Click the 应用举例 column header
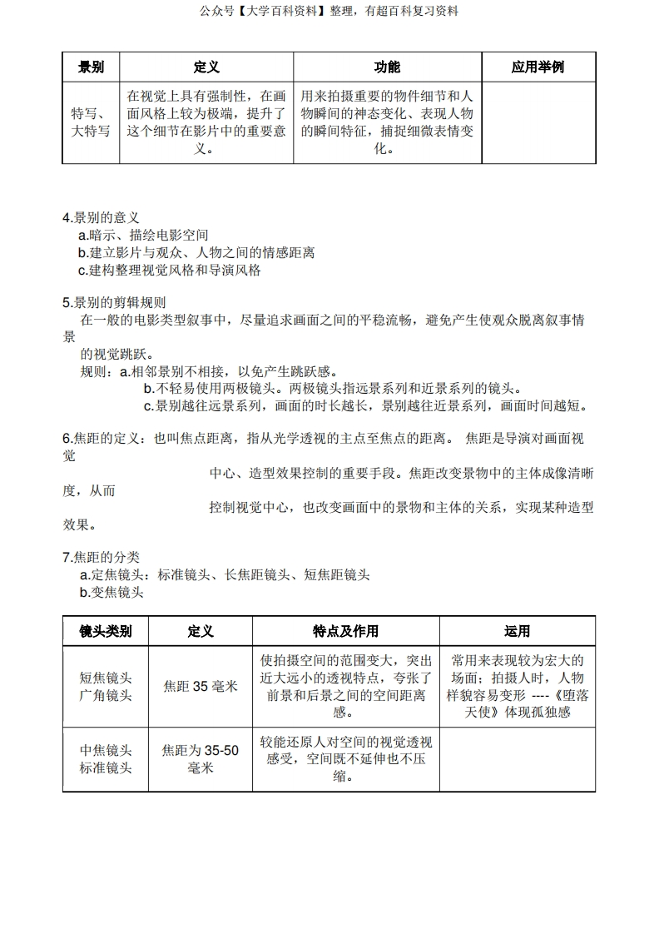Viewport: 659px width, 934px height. (538, 67)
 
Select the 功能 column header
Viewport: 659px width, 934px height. (387, 67)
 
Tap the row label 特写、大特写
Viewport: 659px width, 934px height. (91, 122)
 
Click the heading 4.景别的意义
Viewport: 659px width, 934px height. (101, 218)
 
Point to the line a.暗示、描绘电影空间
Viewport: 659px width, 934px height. (143, 236)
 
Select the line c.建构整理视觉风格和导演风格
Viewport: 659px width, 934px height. (170, 271)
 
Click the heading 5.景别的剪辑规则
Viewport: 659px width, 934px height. (114, 302)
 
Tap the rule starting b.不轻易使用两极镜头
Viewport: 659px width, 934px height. (333, 389)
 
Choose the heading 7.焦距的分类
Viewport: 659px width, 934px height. (101, 557)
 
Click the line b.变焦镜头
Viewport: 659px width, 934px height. (111, 593)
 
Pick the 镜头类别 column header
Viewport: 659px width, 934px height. (105, 631)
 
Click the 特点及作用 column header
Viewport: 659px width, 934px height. (345, 631)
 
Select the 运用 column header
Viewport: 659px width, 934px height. (517, 631)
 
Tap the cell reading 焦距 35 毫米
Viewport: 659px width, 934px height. (200, 687)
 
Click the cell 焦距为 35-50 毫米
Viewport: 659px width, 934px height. (200, 759)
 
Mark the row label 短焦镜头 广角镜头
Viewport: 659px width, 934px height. (106, 687)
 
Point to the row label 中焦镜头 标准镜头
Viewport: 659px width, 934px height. (106, 759)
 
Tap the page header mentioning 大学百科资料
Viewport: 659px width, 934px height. (329, 11)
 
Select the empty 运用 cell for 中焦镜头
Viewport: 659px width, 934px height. (517, 759)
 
